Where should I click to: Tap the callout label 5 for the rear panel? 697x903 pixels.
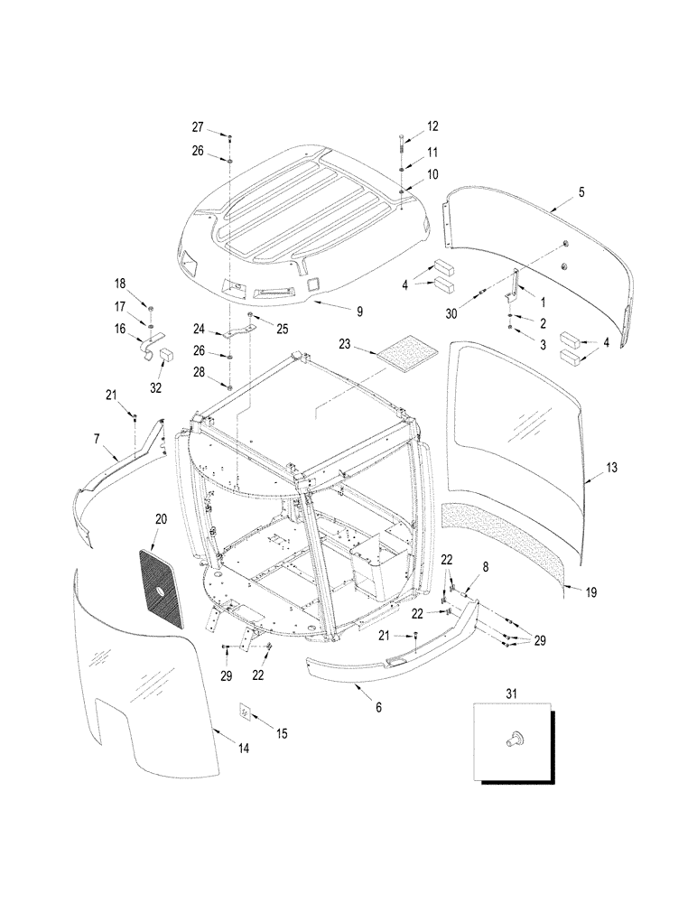pyautogui.click(x=581, y=192)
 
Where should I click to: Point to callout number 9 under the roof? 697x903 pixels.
pyautogui.click(x=359, y=312)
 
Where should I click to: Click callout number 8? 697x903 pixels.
pyautogui.click(x=485, y=566)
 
